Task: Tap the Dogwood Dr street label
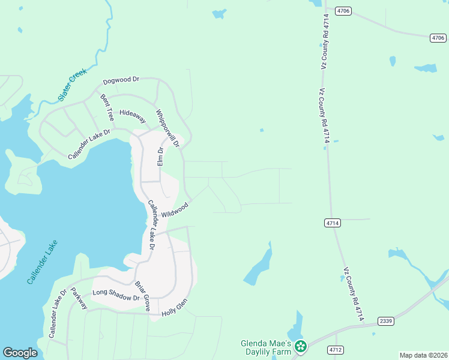pyautogui.click(x=121, y=80)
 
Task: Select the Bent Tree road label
pyautogui.click(x=107, y=106)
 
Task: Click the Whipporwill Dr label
pyautogui.click(x=168, y=128)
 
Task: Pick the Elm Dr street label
pyautogui.click(x=160, y=157)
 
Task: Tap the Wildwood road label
pyautogui.click(x=175, y=210)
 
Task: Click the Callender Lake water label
pyautogui.click(x=43, y=262)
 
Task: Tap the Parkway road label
pyautogui.click(x=79, y=298)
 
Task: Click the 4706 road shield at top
pyautogui.click(x=343, y=11)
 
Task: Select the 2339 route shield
pyautogui.click(x=386, y=321)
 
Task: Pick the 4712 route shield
pyautogui.click(x=335, y=349)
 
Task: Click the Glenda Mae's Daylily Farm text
pyautogui.click(x=265, y=347)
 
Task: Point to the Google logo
pyautogui.click(x=20, y=353)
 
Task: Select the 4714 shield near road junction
pyautogui.click(x=333, y=223)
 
